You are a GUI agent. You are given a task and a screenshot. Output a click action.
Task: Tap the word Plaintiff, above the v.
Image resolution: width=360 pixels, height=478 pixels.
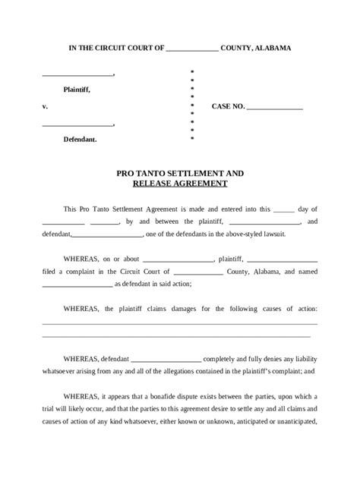[77, 90]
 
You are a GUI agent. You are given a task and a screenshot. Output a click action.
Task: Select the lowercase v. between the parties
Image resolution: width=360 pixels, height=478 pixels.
[45, 106]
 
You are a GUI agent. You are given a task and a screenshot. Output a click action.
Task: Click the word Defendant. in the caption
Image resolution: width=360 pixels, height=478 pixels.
[80, 140]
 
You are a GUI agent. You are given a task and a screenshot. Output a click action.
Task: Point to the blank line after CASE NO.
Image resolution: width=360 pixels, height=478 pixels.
[275, 108]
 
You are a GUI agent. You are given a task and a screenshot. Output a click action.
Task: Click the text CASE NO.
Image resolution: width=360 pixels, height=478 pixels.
[228, 107]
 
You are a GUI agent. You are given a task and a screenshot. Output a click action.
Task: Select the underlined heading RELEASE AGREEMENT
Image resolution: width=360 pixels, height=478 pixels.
[179, 184]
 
